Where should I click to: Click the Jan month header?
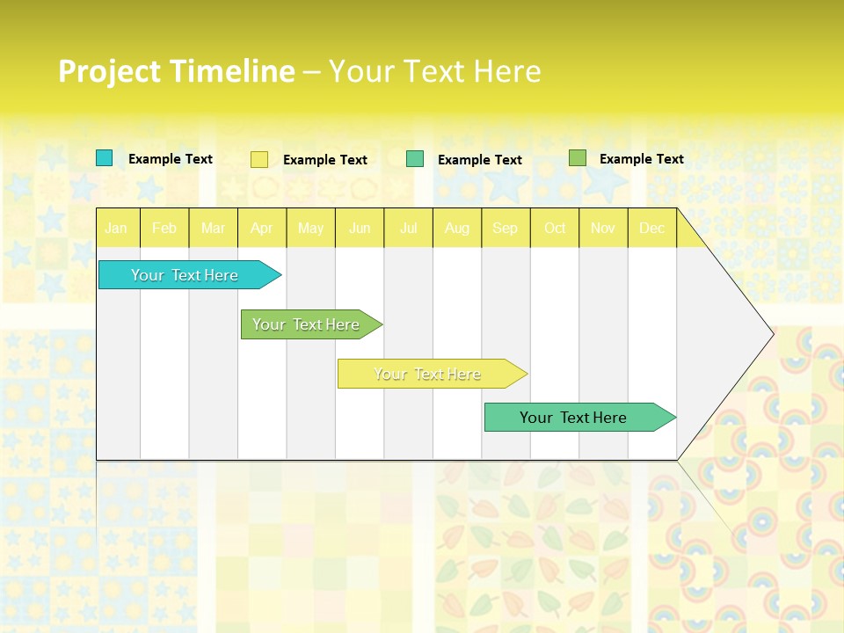(117, 229)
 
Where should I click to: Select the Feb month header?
(164, 229)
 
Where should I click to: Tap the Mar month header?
(213, 229)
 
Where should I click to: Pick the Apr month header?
(262, 229)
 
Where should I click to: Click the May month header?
(310, 229)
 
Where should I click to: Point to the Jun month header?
(360, 229)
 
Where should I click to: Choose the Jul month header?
(408, 229)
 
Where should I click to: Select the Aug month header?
(457, 229)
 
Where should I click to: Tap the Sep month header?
(506, 229)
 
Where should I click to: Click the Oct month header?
(555, 229)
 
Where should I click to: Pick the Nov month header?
(603, 229)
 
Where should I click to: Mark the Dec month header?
(652, 229)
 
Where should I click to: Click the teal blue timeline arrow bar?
(185, 275)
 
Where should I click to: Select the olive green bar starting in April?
(306, 324)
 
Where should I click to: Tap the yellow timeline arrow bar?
(427, 374)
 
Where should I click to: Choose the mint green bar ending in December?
(573, 418)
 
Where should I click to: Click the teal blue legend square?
(105, 158)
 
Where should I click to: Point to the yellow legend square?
(259, 159)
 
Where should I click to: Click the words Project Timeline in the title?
(176, 71)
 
